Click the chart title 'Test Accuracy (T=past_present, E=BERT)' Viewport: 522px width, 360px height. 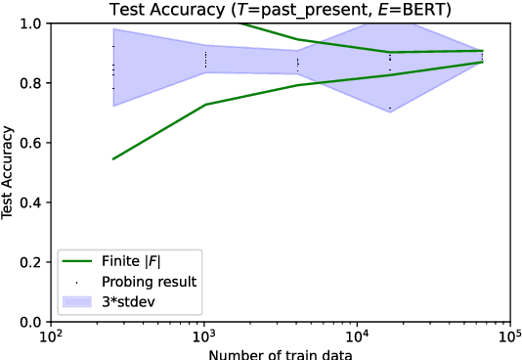click(x=278, y=9)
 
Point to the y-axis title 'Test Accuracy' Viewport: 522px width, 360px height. click(x=9, y=172)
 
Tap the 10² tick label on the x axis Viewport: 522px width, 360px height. click(x=51, y=337)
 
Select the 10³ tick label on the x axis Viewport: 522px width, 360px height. click(x=203, y=337)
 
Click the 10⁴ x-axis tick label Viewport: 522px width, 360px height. click(x=357, y=337)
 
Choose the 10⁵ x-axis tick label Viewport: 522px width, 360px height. click(x=509, y=337)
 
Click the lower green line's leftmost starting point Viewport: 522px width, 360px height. click(x=113, y=158)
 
